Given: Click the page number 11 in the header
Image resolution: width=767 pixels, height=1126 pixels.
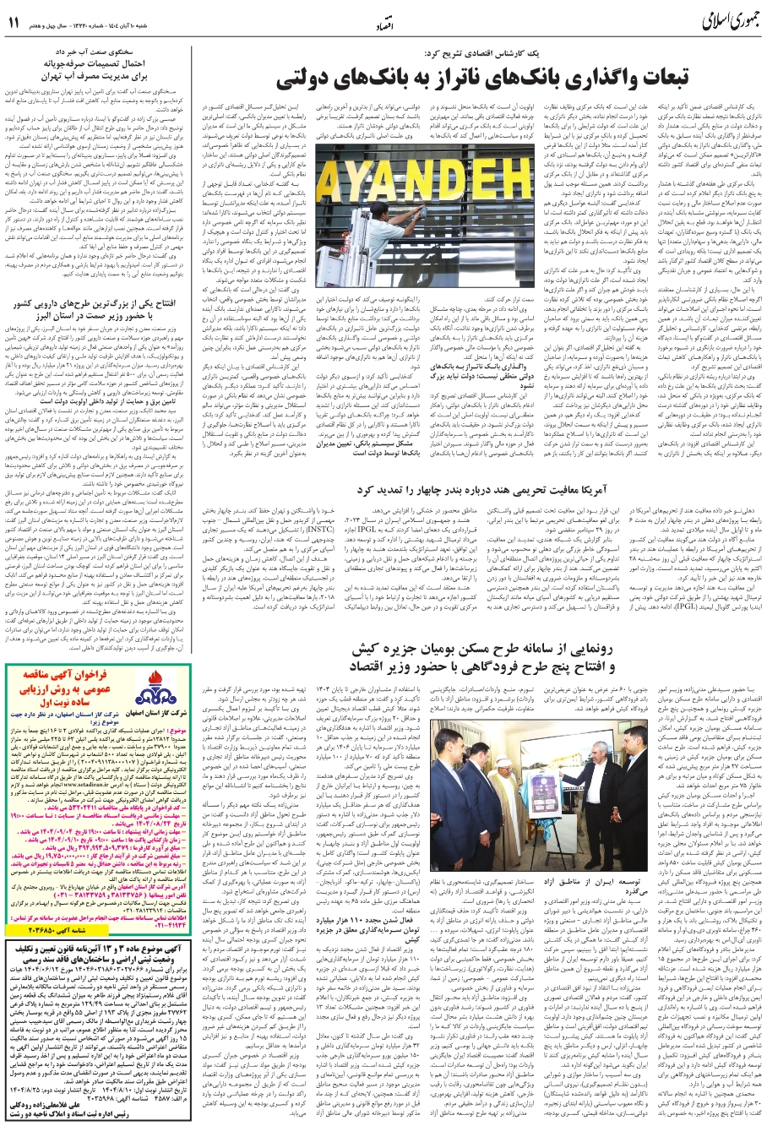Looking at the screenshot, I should pos(16,23).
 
